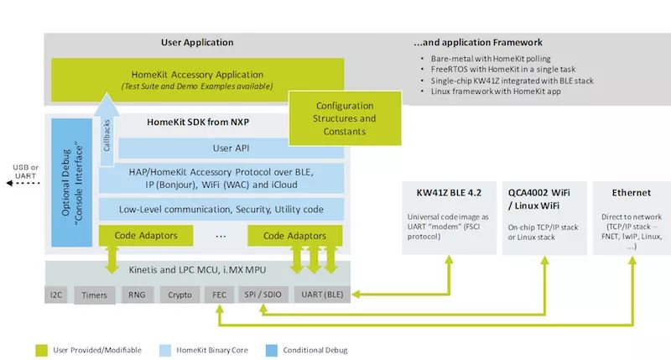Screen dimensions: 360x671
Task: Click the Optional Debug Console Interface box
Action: click(71, 182)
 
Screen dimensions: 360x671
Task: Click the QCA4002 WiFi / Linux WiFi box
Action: click(539, 217)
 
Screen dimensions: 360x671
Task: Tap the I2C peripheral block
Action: click(56, 295)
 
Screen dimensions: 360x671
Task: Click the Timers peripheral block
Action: click(94, 295)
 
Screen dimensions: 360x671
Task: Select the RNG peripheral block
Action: click(137, 295)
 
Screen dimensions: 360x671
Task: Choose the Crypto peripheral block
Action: click(179, 295)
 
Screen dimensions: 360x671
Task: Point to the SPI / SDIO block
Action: click(262, 295)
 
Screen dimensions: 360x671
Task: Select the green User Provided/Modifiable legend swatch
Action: click(40, 349)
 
